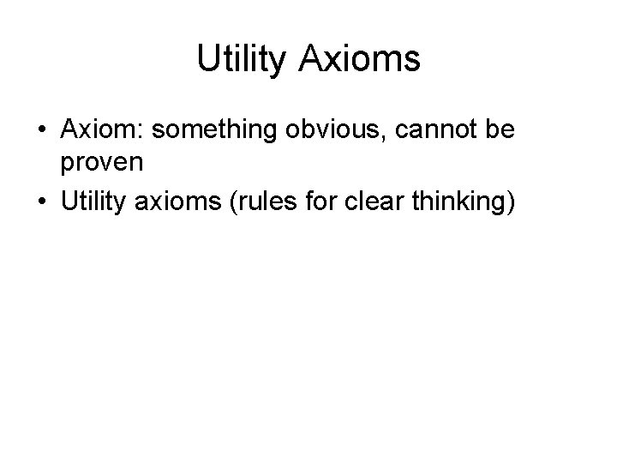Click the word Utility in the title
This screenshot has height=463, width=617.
coord(243,59)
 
